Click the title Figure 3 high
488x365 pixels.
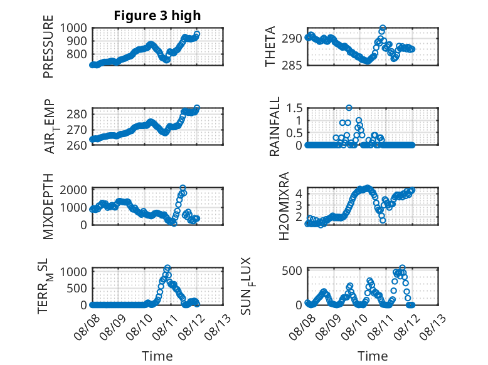pos(157,16)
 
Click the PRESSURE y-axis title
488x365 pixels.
pos(48,46)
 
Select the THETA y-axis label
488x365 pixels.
pos(270,46)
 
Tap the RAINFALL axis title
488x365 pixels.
pos(275,126)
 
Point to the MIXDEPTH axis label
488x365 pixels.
pos(48,207)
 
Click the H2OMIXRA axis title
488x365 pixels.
pos(284,206)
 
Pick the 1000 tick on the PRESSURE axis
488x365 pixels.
pos(73,28)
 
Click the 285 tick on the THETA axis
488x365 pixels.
pos(292,65)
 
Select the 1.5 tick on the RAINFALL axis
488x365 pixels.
pos(294,108)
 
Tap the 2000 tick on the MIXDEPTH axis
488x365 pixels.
pos(73,190)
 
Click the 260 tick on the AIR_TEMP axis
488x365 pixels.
pos(77,145)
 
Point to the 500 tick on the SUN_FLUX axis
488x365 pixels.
pos(292,270)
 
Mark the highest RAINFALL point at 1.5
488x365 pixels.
pos(349,108)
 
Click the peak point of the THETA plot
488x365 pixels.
pos(383,28)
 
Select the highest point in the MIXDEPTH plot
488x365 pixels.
pos(183,188)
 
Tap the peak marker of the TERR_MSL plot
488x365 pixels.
pos(167,267)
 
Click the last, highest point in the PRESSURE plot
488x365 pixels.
pos(197,34)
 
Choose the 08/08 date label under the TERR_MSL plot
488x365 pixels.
pos(87,327)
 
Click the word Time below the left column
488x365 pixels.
pos(157,356)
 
